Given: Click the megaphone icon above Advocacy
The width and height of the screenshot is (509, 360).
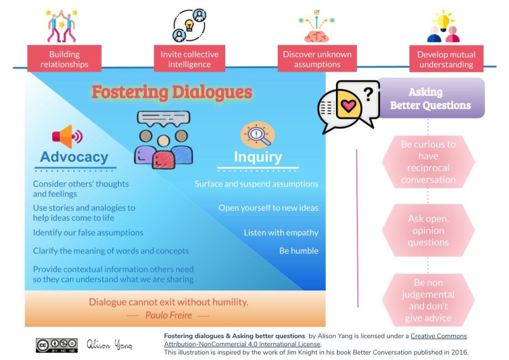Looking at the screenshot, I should [x=67, y=136].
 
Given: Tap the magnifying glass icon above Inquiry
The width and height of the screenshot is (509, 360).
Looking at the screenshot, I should [x=257, y=135].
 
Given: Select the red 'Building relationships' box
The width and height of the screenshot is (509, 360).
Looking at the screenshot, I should [x=64, y=59].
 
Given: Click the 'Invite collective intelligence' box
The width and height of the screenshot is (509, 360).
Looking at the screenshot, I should [x=189, y=59].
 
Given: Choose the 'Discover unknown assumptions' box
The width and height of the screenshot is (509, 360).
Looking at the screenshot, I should [x=317, y=59].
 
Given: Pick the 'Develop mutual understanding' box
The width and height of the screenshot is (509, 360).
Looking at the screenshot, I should [x=446, y=59].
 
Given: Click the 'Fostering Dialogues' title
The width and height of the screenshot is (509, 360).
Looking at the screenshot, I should [x=171, y=92].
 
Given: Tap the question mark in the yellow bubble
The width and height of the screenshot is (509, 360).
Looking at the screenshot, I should [x=368, y=93].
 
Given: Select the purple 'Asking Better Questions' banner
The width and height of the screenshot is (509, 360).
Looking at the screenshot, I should [x=430, y=98].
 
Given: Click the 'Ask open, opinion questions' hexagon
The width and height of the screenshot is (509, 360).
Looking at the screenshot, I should [x=428, y=231].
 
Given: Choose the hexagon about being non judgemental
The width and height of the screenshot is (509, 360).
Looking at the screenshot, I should [x=428, y=300].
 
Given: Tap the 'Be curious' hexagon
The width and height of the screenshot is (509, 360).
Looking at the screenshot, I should [x=428, y=162].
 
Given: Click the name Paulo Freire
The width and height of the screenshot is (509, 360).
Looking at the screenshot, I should [x=168, y=315].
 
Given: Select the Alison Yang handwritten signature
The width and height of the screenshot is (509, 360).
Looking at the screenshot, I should [x=109, y=345].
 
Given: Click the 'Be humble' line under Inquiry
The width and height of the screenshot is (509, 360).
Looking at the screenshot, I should [x=299, y=251].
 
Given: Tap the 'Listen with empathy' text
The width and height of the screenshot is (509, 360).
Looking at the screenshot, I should [x=281, y=233].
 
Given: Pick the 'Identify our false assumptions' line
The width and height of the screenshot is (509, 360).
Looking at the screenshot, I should [x=88, y=233].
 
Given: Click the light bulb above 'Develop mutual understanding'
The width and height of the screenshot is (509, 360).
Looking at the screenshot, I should [x=443, y=20].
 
